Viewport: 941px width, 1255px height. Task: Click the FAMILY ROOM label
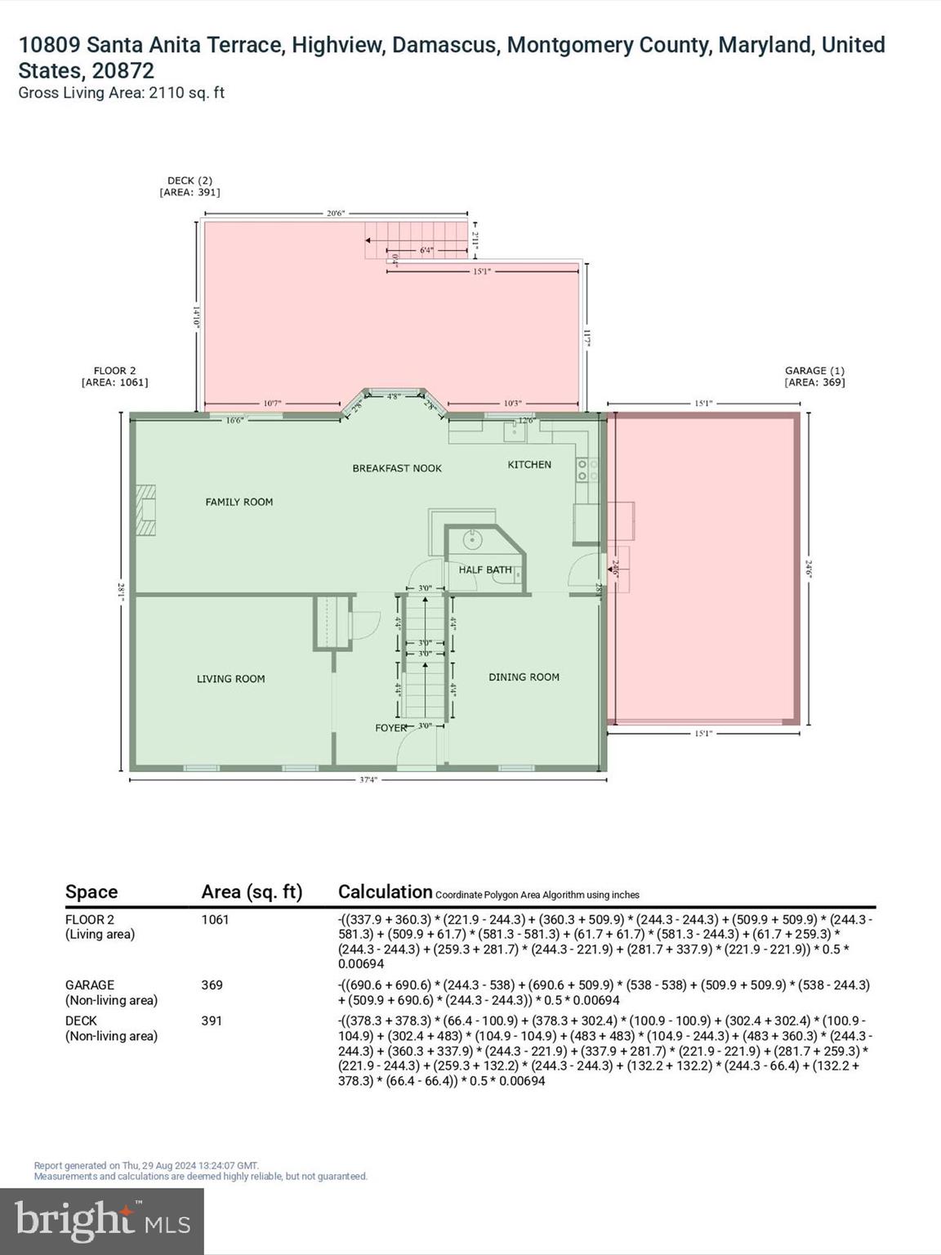[239, 502]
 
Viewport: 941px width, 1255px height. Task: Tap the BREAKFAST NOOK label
[397, 468]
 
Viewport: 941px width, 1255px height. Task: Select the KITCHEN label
[529, 464]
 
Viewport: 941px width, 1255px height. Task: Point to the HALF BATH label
[484, 569]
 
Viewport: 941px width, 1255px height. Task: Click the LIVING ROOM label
[230, 678]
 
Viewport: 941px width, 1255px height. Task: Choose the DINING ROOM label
[524, 677]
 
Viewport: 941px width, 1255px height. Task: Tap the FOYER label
[390, 727]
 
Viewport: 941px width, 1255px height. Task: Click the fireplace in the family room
[145, 511]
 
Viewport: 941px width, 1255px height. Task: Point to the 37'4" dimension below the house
[368, 779]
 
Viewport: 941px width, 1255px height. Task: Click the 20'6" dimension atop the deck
[336, 213]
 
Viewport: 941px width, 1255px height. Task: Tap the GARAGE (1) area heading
[814, 376]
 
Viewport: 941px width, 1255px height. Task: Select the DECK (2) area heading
[190, 186]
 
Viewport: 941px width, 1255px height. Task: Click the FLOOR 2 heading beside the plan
[115, 376]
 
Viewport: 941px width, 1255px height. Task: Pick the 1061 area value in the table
[215, 919]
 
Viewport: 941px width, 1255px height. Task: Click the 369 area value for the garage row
[212, 985]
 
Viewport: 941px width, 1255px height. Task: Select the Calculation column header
[385, 891]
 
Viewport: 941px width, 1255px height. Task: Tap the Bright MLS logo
[102, 1222]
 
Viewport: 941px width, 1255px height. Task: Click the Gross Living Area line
[121, 92]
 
